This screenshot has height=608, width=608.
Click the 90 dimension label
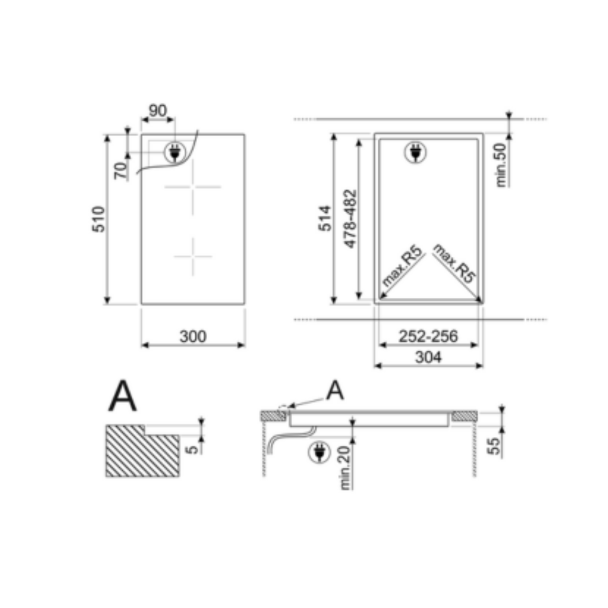pos(158,110)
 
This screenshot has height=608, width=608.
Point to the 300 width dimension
pos(193,337)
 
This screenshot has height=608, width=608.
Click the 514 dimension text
pos(325,220)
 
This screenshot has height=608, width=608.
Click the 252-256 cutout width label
pos(428,337)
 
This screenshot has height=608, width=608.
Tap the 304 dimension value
pos(428,357)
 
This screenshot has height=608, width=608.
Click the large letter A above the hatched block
pos(122,396)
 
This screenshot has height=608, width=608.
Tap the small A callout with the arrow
pos(336,391)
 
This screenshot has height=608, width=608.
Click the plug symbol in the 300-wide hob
pos(174,152)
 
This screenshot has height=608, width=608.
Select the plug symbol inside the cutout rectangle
pos(416,152)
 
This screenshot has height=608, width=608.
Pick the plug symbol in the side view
pos(320,451)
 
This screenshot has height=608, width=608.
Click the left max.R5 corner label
pos(403,270)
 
